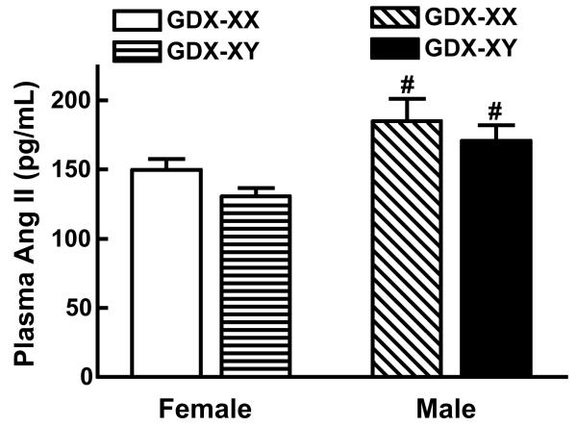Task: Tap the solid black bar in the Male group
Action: (x=492, y=259)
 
